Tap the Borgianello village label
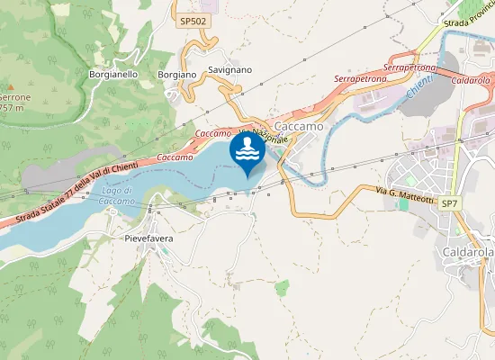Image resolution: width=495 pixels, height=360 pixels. click(113, 75)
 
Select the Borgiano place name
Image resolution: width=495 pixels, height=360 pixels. click(176, 75)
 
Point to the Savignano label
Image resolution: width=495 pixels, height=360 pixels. click(229, 69)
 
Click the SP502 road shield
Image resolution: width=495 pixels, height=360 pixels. click(192, 21)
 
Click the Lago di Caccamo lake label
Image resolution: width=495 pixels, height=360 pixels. click(117, 196)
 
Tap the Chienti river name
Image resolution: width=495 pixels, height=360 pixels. click(419, 87)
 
